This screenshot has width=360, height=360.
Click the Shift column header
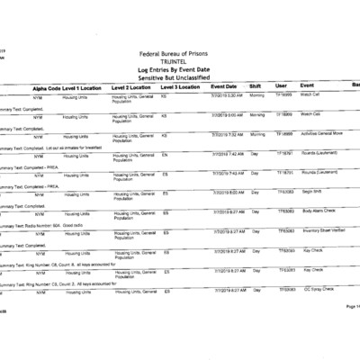256,87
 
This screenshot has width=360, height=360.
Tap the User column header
281,87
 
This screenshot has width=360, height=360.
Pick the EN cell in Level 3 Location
165,153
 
